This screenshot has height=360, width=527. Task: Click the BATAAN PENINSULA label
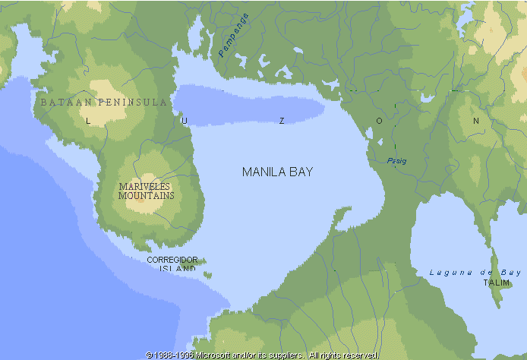pos(104,102)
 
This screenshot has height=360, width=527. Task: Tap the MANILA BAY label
pos(277,172)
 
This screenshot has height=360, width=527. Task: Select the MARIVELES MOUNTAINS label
pos(146,191)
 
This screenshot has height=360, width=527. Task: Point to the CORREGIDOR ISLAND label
pos(172,264)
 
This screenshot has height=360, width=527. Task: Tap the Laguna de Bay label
pos(475,272)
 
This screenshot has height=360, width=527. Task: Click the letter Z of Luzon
pos(282,121)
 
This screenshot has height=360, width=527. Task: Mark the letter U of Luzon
pos(184,121)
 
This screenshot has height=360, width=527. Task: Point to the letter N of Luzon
pos(477,121)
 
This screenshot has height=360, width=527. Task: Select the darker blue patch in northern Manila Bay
pos(243,107)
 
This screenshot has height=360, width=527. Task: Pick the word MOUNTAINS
pos(146,195)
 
